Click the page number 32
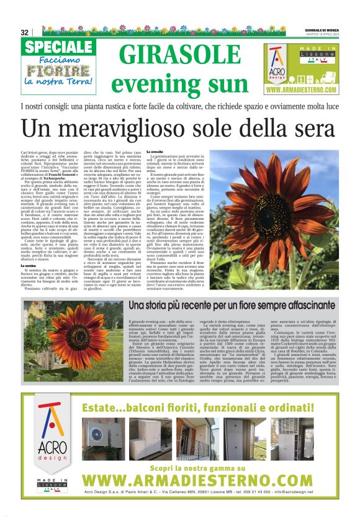[x=25, y=32]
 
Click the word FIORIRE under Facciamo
[x=56, y=70]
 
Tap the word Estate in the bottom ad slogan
[x=109, y=392]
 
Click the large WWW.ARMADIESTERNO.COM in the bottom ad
[x=205, y=481]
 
